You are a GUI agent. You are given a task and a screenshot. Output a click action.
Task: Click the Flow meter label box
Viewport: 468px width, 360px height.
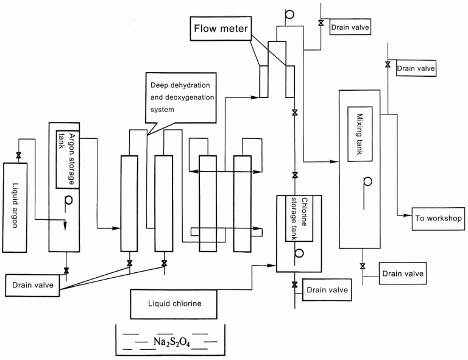[221, 29]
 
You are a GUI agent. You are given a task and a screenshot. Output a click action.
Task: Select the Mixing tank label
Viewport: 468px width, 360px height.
[360, 134]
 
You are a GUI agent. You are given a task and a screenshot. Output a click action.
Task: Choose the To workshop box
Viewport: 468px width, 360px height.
[437, 218]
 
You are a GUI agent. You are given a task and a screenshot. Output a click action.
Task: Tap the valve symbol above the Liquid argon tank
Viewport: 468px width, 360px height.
[18, 157]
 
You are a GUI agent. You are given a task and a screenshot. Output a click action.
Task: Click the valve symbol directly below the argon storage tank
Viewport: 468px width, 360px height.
[66, 270]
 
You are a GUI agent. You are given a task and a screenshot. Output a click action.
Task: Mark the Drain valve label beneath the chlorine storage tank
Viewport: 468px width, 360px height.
[328, 289]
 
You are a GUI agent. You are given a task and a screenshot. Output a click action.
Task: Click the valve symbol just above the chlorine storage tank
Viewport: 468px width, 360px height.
[295, 175]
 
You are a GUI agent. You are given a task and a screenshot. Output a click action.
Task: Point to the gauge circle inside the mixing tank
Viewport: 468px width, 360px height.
[368, 181]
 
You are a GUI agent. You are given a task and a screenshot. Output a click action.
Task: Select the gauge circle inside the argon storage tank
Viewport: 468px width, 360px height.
[68, 199]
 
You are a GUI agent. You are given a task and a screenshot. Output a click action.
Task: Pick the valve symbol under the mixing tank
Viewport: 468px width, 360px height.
[363, 266]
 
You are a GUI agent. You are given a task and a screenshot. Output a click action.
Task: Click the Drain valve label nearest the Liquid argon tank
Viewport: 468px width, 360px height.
[32, 284]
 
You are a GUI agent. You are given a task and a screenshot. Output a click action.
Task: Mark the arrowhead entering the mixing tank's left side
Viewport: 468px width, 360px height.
[335, 161]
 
